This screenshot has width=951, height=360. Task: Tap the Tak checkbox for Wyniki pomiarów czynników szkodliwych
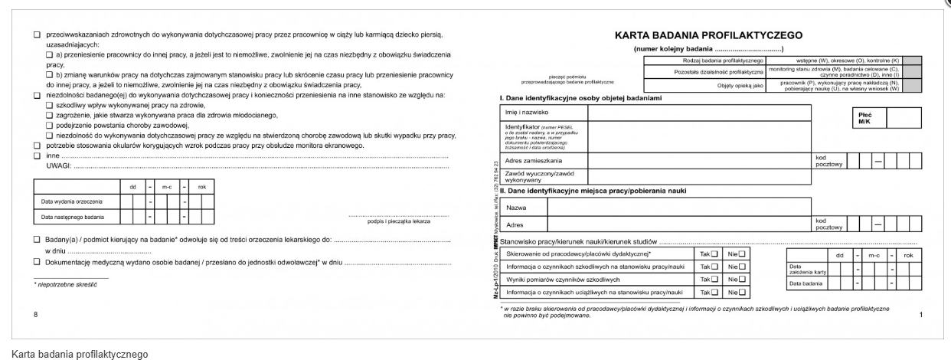(x=715, y=279)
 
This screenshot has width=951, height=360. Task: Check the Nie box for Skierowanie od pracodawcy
(x=741, y=253)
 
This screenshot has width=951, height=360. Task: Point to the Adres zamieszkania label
(x=533, y=161)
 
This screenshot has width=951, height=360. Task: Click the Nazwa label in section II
(x=515, y=208)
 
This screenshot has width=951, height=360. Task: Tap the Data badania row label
(x=804, y=284)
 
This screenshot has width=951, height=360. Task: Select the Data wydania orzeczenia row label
(x=71, y=201)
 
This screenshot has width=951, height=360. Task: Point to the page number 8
(x=35, y=314)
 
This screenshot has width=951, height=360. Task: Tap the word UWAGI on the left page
(x=59, y=165)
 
